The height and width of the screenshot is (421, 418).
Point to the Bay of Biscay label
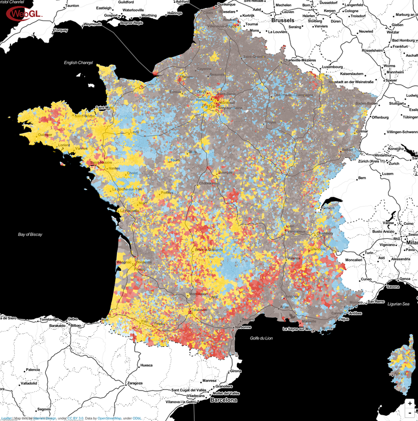tap(29, 234)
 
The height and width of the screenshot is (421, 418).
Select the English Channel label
tap(78, 63)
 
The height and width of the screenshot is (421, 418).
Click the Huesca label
tap(147, 365)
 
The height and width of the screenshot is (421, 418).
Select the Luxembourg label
tap(332, 67)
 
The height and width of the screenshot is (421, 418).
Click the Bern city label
tap(362, 178)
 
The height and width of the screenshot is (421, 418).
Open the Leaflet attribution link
tap(6, 418)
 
